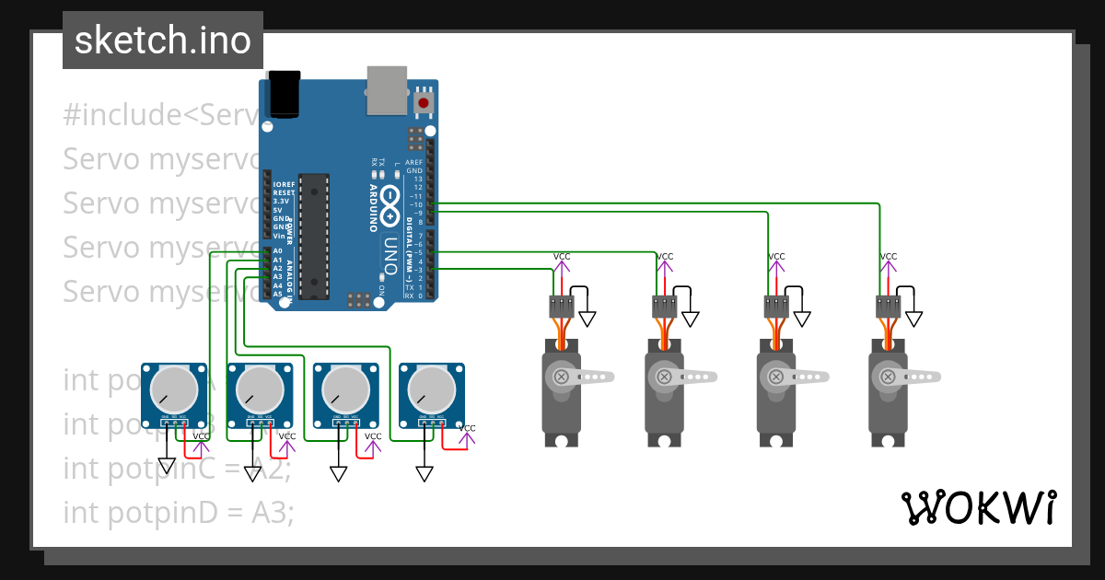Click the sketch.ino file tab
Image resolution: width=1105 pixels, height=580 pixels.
point(162,41)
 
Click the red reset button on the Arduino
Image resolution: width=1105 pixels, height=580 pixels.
point(423,102)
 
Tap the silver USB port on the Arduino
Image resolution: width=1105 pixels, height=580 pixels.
point(387,89)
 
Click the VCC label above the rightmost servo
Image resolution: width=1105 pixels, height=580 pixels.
point(888,257)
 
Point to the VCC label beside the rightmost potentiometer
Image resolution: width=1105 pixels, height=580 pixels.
point(467,428)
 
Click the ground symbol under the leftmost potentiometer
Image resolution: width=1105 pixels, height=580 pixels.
point(167,465)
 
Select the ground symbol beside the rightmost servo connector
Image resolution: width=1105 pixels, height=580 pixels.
point(913,319)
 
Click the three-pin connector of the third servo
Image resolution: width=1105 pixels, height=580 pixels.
point(776,307)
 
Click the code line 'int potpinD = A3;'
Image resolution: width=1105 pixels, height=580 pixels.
point(179,512)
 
